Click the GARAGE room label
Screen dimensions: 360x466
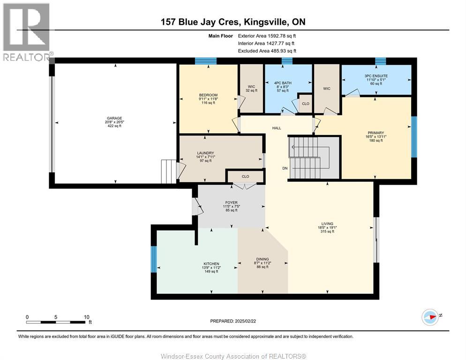point(115,118)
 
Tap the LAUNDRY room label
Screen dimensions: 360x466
point(205,153)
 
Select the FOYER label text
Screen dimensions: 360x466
point(232,202)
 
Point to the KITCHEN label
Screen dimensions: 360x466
point(211,263)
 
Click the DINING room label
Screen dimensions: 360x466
point(262,259)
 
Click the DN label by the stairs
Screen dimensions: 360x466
point(285,168)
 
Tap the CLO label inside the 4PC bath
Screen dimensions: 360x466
point(305,104)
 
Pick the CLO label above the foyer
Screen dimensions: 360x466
point(245,177)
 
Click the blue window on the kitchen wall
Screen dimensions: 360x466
point(153,259)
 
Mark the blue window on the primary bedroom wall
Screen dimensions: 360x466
point(413,137)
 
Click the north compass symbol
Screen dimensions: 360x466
point(430,317)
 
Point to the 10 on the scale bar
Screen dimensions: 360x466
point(86,317)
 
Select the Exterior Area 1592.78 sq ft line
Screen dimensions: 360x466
point(267,36)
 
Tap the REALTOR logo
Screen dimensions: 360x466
point(27,32)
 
